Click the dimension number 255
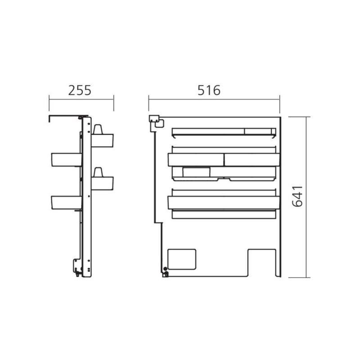click(80, 90)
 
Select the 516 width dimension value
click(209, 90)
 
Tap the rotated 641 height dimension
click(297, 196)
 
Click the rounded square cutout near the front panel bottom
click(182, 259)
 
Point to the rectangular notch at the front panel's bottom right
click(262, 263)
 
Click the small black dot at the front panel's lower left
click(165, 269)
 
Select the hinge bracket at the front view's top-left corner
click(156, 121)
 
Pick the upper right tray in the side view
click(103, 140)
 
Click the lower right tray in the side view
click(103, 183)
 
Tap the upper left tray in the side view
click(67, 160)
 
